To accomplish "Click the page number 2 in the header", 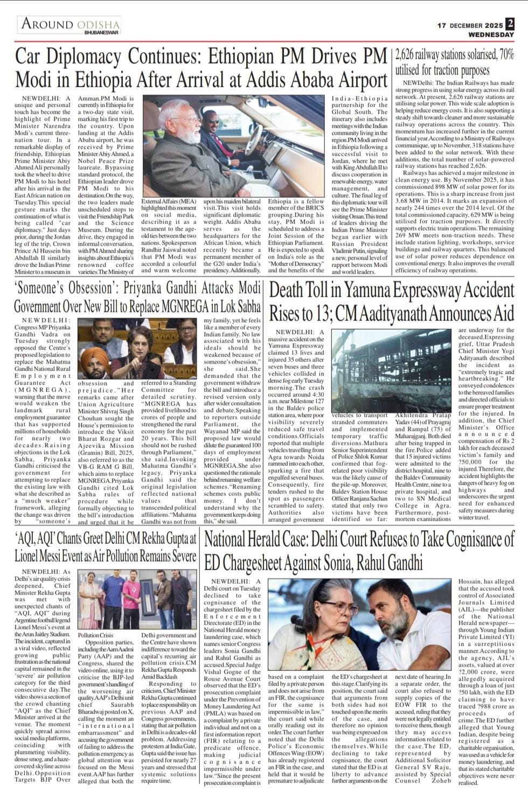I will pyautogui.click(x=509, y=24).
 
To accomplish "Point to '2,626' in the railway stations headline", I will pyautogui.click(x=407, y=55).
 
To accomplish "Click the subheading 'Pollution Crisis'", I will pyautogui.click(x=95, y=635).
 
